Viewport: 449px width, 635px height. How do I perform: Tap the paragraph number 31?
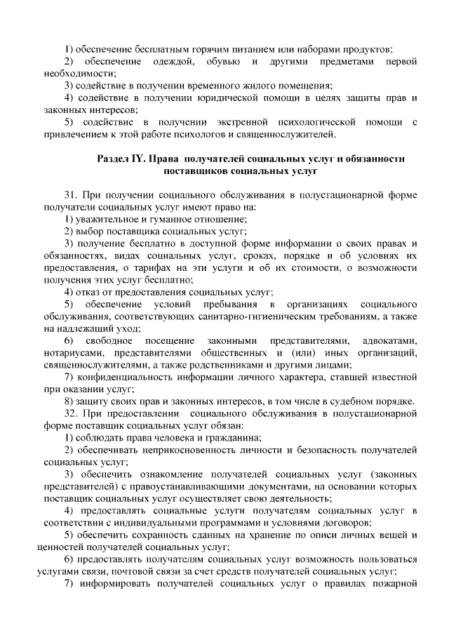click(70, 194)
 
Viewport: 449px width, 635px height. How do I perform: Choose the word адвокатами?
click(395, 340)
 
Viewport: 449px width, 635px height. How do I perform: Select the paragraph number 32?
click(70, 413)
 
